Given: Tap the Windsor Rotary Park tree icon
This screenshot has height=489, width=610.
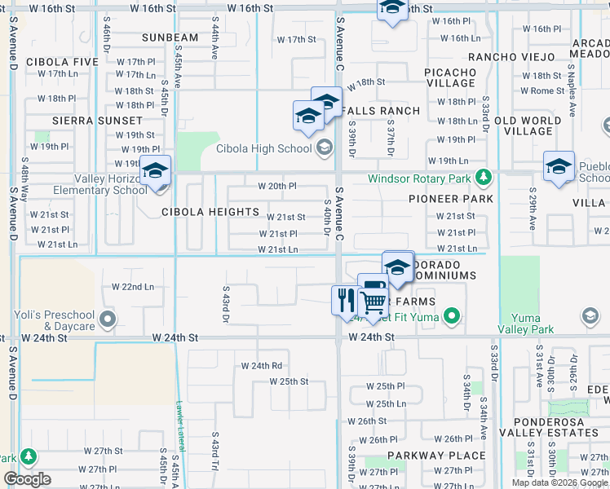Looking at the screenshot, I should click(x=484, y=177).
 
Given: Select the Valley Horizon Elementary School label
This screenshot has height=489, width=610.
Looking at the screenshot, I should click(x=99, y=184).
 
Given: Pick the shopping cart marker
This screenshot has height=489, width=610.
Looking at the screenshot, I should click(x=373, y=302).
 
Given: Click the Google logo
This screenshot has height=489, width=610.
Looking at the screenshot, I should click(x=27, y=479).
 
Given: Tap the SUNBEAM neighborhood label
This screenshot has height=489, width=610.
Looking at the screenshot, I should click(x=170, y=37).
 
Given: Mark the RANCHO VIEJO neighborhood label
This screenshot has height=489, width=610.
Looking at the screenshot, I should click(x=510, y=56).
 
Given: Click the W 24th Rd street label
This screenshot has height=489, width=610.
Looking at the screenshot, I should click(x=261, y=366).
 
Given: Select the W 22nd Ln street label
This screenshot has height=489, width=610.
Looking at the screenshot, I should click(x=132, y=287).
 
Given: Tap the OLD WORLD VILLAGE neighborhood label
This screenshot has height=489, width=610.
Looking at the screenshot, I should click(x=528, y=126).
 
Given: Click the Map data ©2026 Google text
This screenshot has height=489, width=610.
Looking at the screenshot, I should click(x=559, y=482).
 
